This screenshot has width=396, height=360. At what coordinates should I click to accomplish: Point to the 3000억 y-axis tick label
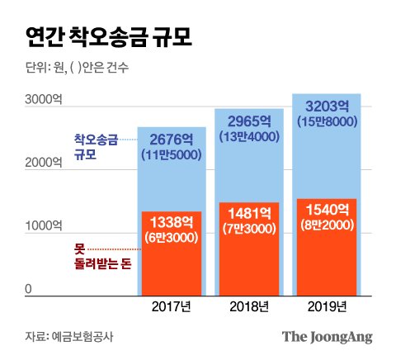coord(44,99)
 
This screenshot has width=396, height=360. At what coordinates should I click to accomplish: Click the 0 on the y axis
coord(28,288)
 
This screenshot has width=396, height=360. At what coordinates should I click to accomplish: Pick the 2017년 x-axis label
coord(172,307)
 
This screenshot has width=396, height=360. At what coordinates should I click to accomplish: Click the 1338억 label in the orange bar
coord(172,221)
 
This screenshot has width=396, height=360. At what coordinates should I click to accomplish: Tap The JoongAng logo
coord(328,336)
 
